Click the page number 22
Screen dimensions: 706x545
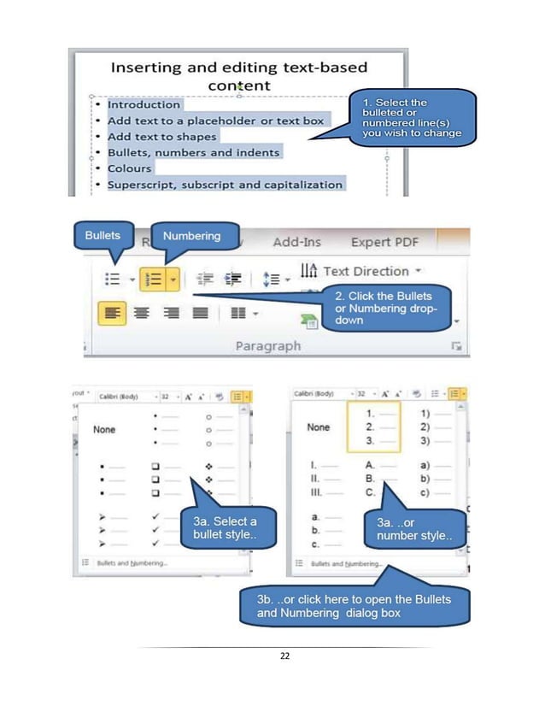point(284,656)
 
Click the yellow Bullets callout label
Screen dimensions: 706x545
point(102,234)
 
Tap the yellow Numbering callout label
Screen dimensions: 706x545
point(191,236)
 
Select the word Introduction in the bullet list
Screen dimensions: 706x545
point(144,104)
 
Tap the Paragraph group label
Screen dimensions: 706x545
point(268,345)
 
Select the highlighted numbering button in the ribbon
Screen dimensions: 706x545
point(155,278)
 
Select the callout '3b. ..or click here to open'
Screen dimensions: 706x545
point(354,605)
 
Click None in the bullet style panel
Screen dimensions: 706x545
point(105,430)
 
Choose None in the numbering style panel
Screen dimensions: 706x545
point(319,427)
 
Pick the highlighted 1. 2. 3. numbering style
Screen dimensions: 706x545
point(372,427)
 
